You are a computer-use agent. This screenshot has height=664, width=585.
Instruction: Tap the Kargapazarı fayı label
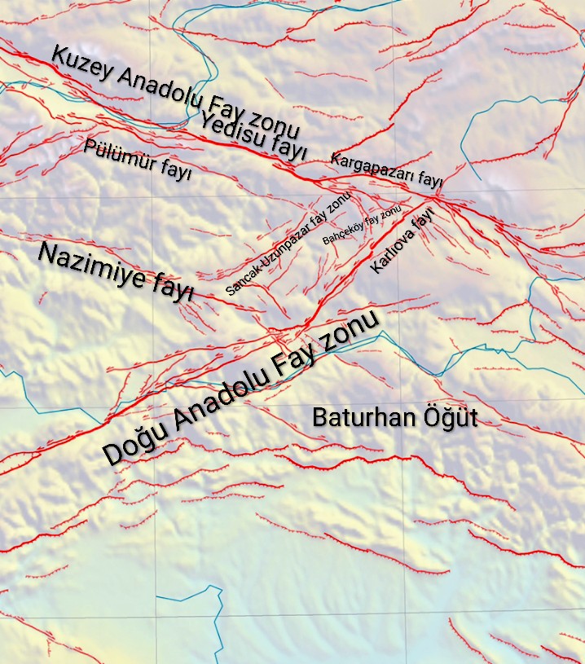point(385,169)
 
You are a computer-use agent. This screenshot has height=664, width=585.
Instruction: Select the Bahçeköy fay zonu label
point(363,226)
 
